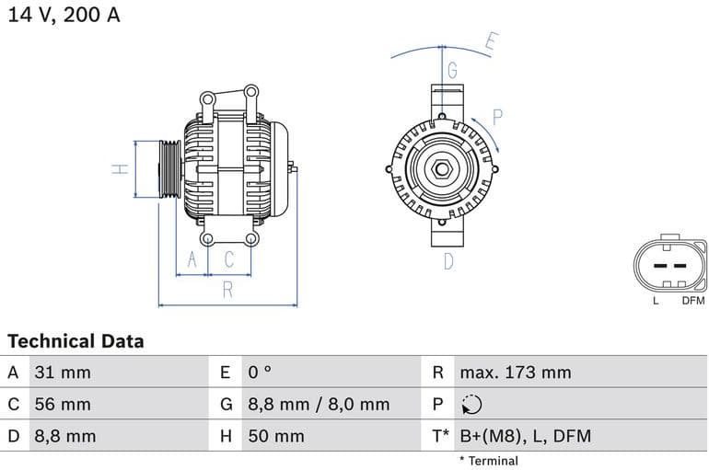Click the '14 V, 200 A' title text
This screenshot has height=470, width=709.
tap(64, 16)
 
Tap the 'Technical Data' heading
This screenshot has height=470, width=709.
tap(76, 341)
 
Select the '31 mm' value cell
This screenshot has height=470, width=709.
tap(63, 373)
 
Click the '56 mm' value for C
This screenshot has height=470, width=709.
tap(63, 404)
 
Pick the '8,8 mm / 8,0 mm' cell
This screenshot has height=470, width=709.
tap(319, 404)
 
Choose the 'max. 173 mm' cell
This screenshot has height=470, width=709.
tap(516, 373)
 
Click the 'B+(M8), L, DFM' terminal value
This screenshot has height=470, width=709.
tap(525, 436)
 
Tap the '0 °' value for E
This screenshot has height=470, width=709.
tap(260, 373)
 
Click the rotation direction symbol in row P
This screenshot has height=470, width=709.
tap(471, 405)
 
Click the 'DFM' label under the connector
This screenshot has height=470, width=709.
tap(692, 301)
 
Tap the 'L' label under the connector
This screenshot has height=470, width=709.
tap(656, 301)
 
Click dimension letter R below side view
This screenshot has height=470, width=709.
tap(227, 291)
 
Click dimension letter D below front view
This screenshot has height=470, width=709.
tap(448, 261)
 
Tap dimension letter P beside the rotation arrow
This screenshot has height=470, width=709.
tap(497, 117)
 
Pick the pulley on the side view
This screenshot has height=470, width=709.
tap(169, 169)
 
